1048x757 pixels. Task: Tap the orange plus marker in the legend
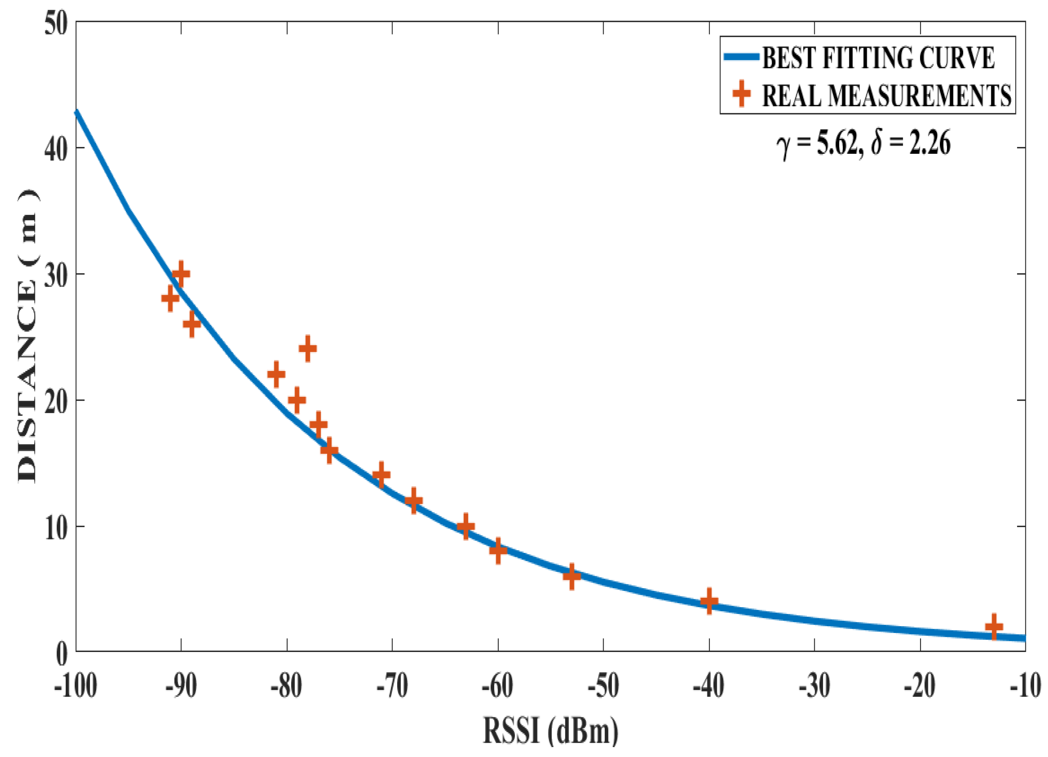pos(741,94)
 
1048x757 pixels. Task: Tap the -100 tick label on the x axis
pos(76,686)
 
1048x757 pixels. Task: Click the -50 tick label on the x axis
pos(603,686)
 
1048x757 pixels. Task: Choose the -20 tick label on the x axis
pos(920,686)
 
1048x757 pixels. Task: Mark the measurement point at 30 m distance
pos(181,274)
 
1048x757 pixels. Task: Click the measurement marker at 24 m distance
pos(308,349)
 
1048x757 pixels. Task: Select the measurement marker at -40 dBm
pos(709,601)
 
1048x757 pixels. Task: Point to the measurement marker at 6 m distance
pos(572,576)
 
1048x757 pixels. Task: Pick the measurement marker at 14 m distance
pos(381,474)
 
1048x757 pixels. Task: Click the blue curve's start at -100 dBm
pos(77,111)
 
